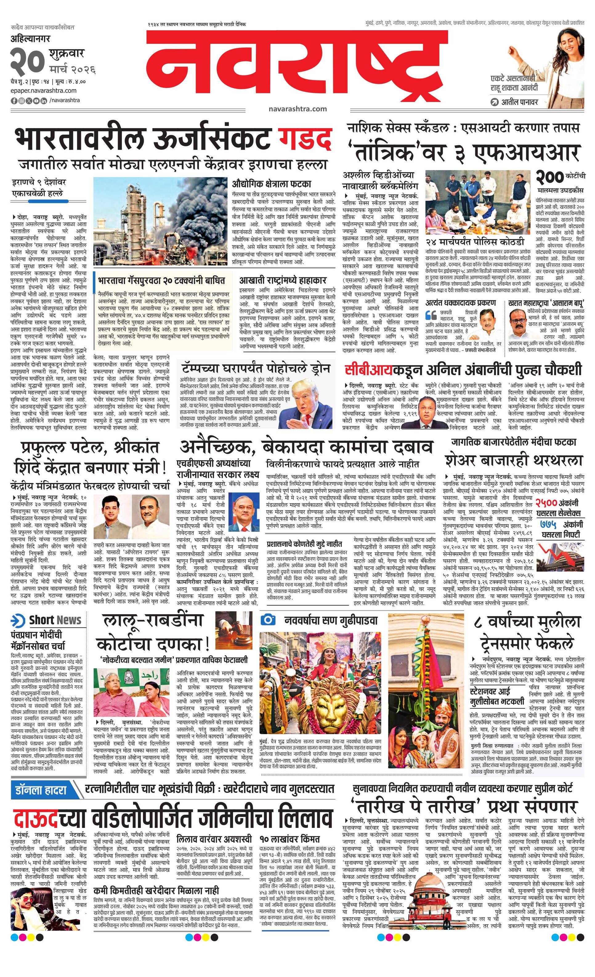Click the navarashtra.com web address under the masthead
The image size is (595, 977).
click(x=297, y=109)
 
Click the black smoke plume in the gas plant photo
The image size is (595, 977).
click(x=190, y=206)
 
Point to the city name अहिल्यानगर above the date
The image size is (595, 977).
click(x=31, y=39)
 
